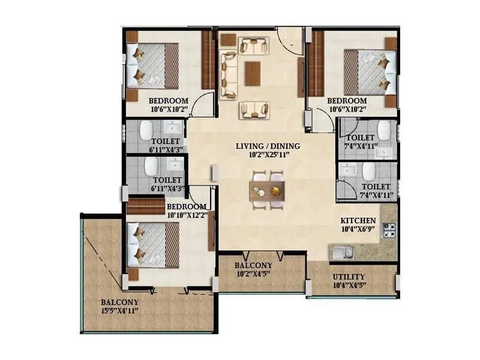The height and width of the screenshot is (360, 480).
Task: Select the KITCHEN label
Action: point(358,220)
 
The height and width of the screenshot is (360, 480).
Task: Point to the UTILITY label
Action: point(348,277)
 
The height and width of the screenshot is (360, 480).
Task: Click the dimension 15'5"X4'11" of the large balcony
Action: point(120,310)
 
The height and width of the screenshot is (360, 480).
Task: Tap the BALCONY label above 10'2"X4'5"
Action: point(253,265)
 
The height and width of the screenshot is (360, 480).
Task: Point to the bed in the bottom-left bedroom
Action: point(154,245)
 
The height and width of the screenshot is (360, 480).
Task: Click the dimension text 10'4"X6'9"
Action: point(358,229)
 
